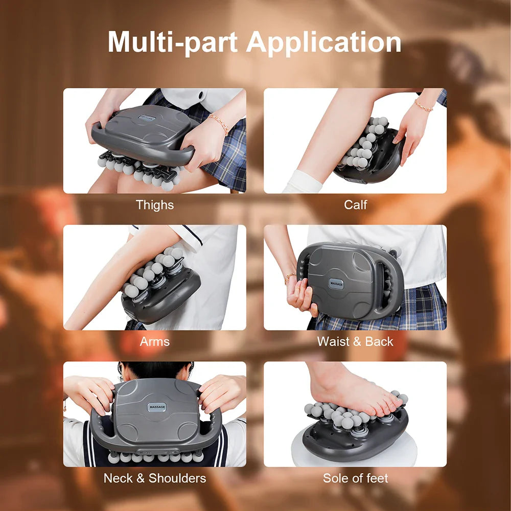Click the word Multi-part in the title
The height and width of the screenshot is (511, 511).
click(x=174, y=42)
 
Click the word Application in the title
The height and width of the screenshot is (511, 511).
click(x=324, y=43)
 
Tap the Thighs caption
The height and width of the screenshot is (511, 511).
click(x=155, y=205)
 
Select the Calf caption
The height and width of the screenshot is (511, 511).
click(x=355, y=205)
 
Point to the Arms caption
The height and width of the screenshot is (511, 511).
click(x=155, y=341)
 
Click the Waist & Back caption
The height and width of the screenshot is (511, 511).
click(x=355, y=341)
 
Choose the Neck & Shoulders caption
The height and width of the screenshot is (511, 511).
click(x=155, y=478)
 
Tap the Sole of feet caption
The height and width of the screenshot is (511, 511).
click(x=355, y=478)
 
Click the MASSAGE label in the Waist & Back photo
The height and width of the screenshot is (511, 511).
click(x=337, y=283)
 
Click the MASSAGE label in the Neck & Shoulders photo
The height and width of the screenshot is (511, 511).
click(x=157, y=407)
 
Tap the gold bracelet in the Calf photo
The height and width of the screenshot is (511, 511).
click(x=423, y=106)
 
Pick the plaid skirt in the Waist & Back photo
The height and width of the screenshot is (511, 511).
click(x=404, y=309)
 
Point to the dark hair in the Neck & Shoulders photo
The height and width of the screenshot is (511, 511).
click(x=153, y=369)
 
